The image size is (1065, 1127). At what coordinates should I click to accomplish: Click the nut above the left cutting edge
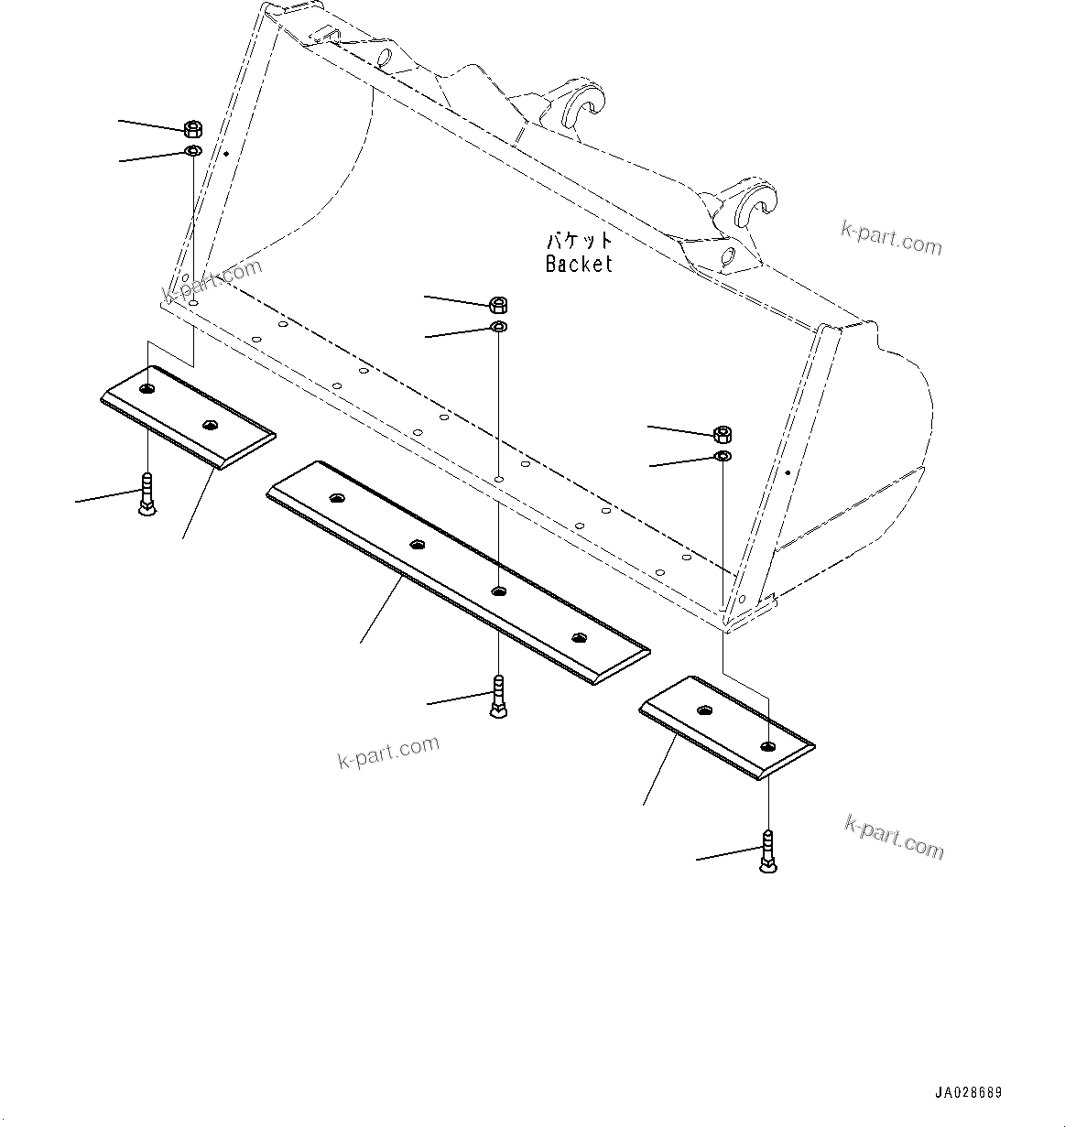[x=193, y=128]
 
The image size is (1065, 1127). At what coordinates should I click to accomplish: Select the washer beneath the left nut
[x=193, y=150]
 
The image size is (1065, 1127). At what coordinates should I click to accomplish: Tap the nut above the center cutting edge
[x=499, y=305]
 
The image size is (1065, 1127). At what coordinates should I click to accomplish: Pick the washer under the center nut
[x=499, y=328]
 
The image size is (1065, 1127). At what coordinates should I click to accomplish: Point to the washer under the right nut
[x=723, y=456]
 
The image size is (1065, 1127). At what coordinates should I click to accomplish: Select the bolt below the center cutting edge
[x=498, y=697]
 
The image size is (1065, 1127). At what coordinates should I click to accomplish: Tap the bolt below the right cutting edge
[x=767, y=851]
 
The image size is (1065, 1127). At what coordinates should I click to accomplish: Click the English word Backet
[x=579, y=264]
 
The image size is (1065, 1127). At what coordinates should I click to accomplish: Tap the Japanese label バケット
[x=579, y=242]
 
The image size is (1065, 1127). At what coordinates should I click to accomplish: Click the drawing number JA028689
[x=968, y=1093]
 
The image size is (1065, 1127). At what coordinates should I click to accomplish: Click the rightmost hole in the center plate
[x=577, y=638]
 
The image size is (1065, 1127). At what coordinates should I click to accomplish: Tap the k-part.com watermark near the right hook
[x=891, y=239]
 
